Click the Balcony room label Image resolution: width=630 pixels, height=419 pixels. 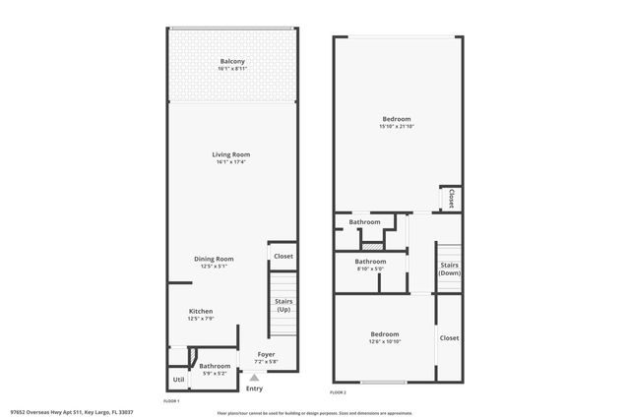click(232, 62)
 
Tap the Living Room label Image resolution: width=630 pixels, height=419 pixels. click(232, 154)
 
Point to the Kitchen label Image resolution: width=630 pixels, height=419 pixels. click(201, 311)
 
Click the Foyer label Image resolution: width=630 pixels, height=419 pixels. click(266, 353)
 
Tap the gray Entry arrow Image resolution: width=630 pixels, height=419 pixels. click(255, 377)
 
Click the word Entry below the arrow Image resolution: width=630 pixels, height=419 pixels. click(255, 389)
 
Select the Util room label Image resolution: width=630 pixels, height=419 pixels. click(178, 379)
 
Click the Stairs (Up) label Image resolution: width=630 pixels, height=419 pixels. click(283, 305)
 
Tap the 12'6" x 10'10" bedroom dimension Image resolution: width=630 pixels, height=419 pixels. click(385, 340)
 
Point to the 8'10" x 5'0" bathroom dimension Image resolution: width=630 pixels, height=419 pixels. click(370, 268)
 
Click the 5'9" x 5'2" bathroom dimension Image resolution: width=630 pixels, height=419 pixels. click(215, 372)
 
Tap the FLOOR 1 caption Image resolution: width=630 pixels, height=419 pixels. click(170, 401)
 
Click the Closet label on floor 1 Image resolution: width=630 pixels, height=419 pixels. click(283, 256)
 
